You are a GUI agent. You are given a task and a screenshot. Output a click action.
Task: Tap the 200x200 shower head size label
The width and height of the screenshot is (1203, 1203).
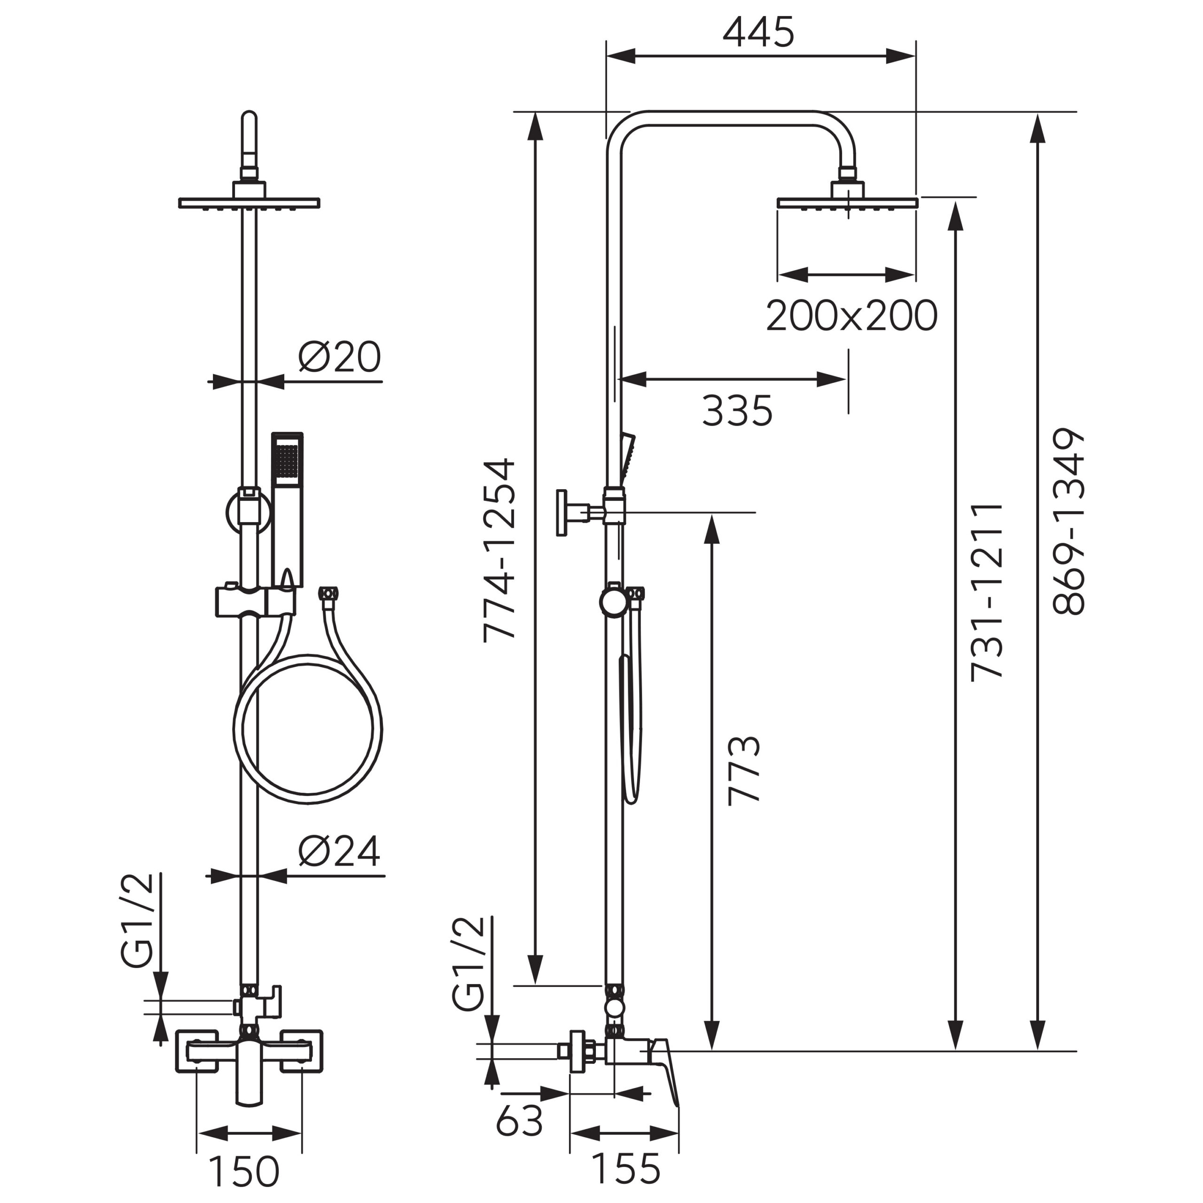851,316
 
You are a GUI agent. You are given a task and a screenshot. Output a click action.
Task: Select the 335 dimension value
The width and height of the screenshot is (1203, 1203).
737,411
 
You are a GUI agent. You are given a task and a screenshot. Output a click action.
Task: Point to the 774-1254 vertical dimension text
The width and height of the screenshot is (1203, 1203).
500,549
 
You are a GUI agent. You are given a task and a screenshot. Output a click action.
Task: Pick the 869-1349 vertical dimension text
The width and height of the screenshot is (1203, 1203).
1069,522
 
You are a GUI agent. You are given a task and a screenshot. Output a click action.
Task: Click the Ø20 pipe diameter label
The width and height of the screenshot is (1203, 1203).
339,357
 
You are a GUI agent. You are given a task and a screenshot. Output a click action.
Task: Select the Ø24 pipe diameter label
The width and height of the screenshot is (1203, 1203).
339,851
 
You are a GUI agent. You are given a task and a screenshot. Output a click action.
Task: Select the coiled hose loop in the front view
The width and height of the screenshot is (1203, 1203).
308,728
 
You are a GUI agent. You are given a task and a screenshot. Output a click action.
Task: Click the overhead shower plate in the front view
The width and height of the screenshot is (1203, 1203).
249,203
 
